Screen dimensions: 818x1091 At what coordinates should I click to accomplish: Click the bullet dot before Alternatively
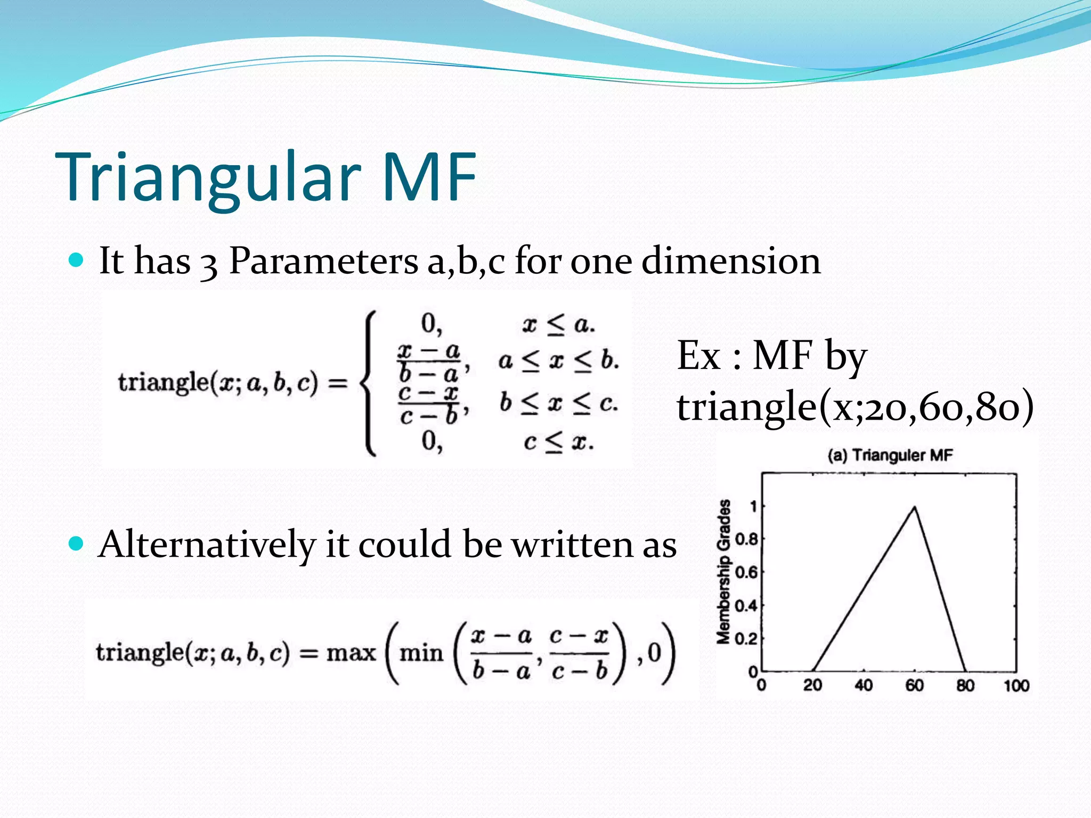tap(77, 544)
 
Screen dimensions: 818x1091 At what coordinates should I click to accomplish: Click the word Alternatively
tap(207, 545)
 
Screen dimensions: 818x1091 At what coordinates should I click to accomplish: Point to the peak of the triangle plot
tap(915, 507)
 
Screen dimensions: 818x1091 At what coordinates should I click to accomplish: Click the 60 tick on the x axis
tap(914, 685)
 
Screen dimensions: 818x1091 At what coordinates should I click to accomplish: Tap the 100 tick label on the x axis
tap(1016, 685)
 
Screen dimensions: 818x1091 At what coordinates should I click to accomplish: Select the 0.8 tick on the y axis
tap(746, 539)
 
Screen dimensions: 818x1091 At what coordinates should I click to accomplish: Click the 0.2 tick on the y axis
tap(746, 638)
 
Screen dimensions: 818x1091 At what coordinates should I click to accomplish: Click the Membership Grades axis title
tap(723, 571)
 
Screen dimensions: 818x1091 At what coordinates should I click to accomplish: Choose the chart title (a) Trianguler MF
tap(890, 455)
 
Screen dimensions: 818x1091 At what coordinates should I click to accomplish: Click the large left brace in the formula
tap(368, 383)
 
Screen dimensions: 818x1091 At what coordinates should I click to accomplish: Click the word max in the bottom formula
tap(351, 652)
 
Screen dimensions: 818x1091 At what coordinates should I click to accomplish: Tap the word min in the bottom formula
tap(421, 652)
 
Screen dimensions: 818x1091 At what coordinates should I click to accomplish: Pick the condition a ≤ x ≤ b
tap(558, 361)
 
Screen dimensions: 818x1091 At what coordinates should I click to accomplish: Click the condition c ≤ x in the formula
tap(558, 442)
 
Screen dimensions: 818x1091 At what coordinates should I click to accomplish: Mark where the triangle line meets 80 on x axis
tap(965, 671)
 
